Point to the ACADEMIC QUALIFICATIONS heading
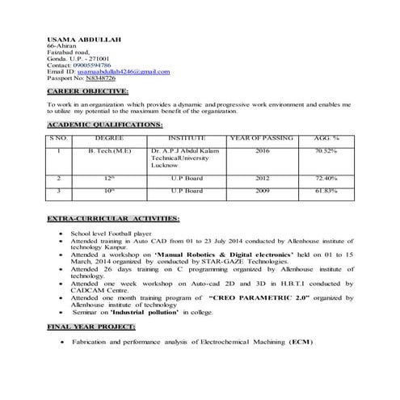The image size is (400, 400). [105, 124]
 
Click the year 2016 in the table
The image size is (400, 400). [262, 150]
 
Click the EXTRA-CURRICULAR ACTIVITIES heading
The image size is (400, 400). [113, 218]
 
